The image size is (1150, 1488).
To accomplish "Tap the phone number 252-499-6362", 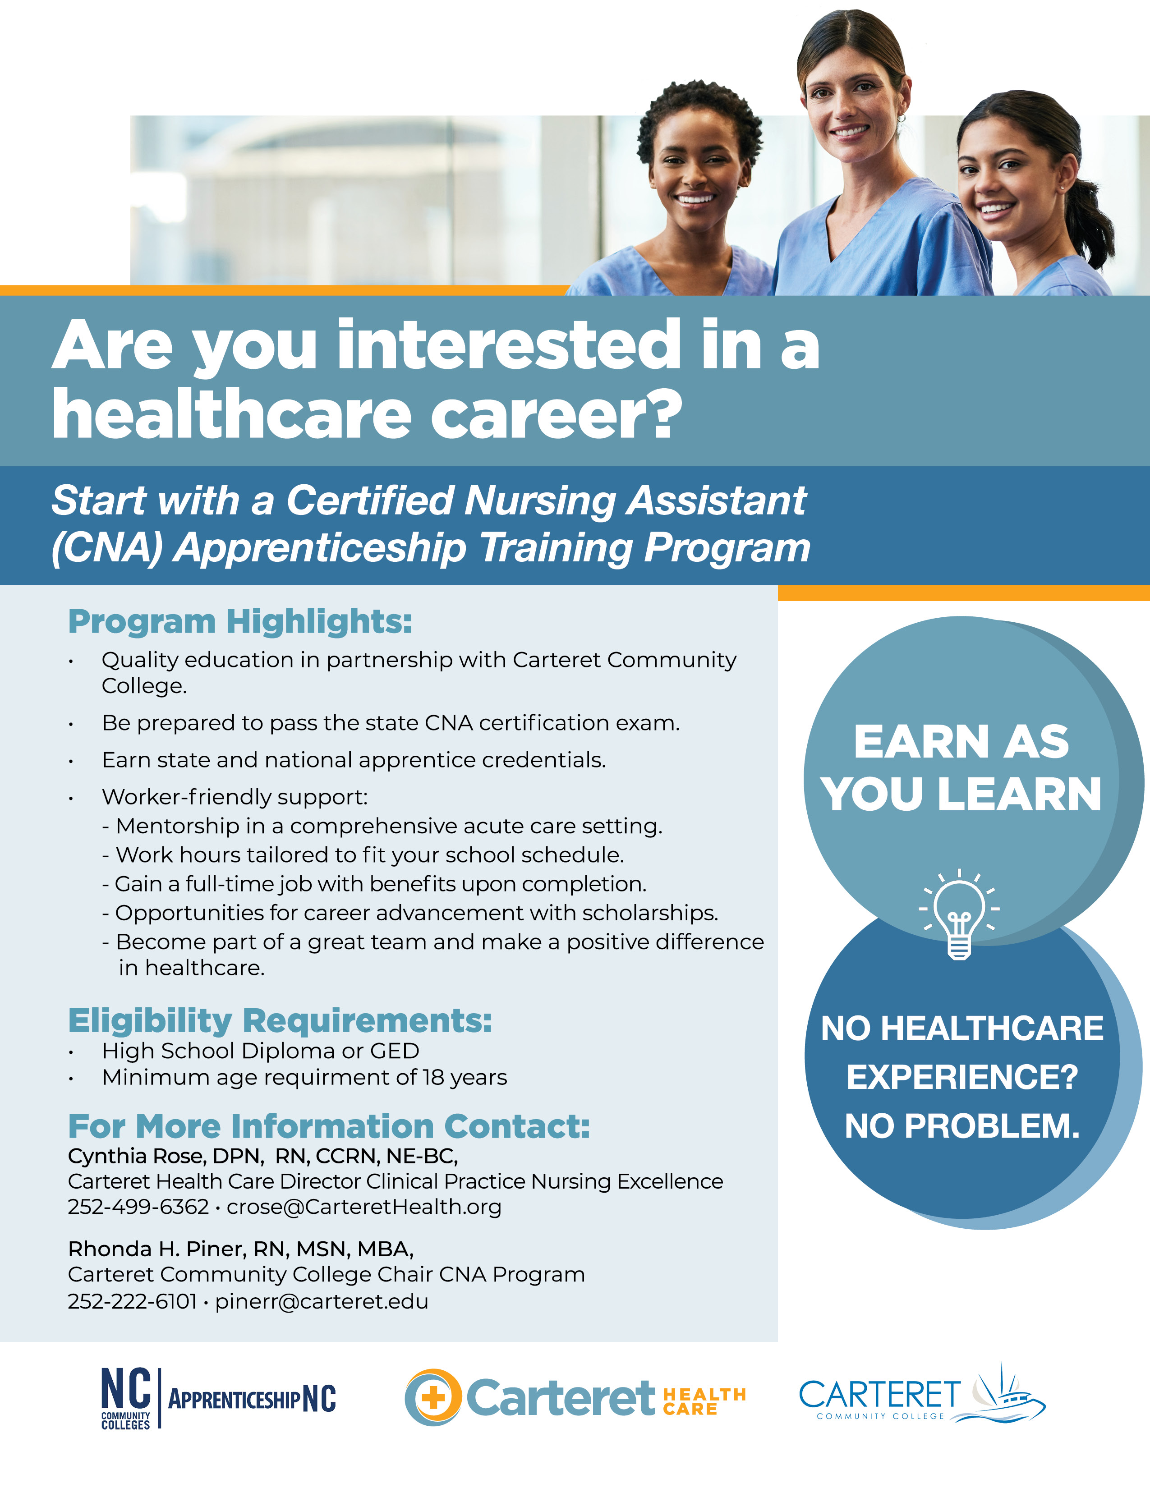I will [138, 1207].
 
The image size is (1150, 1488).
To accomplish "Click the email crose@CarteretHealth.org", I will [364, 1207].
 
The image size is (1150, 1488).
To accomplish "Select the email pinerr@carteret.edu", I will [322, 1301].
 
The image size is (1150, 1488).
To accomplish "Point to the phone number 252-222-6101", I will [132, 1301].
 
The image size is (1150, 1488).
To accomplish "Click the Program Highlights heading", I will [240, 621].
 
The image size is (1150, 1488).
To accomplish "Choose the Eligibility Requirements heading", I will [279, 1020].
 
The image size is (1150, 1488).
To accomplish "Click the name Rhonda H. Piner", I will [156, 1249].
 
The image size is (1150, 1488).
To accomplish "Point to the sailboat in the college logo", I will [1002, 1390].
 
